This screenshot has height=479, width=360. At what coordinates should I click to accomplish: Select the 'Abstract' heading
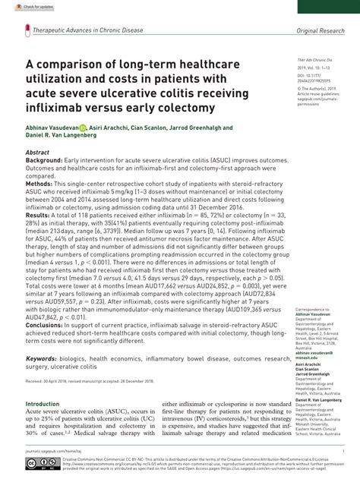tap(39, 153)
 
